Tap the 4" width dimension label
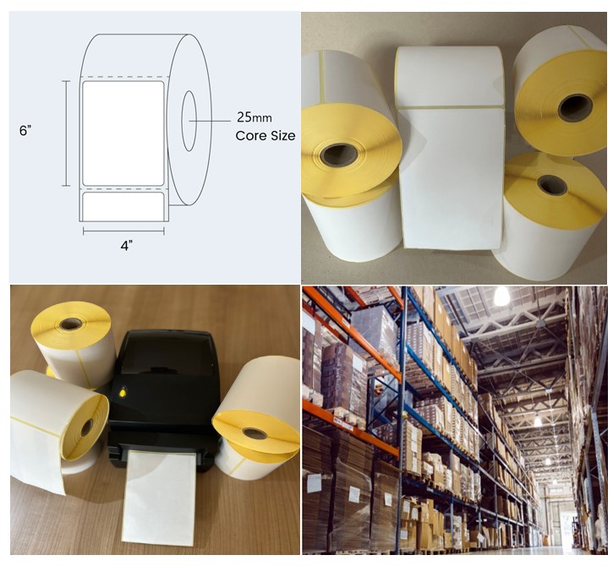tap(126, 246)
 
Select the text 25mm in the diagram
tap(254, 118)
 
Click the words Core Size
tap(265, 135)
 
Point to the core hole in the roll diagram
tap(188, 121)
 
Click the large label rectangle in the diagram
tap(123, 131)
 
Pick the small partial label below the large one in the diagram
tap(123, 207)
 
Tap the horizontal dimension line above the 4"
tap(123, 231)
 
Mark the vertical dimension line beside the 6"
tap(66, 133)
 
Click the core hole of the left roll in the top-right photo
tap(339, 154)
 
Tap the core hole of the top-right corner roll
tap(575, 107)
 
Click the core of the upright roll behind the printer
tap(70, 323)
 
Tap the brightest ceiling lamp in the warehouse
tap(501, 297)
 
